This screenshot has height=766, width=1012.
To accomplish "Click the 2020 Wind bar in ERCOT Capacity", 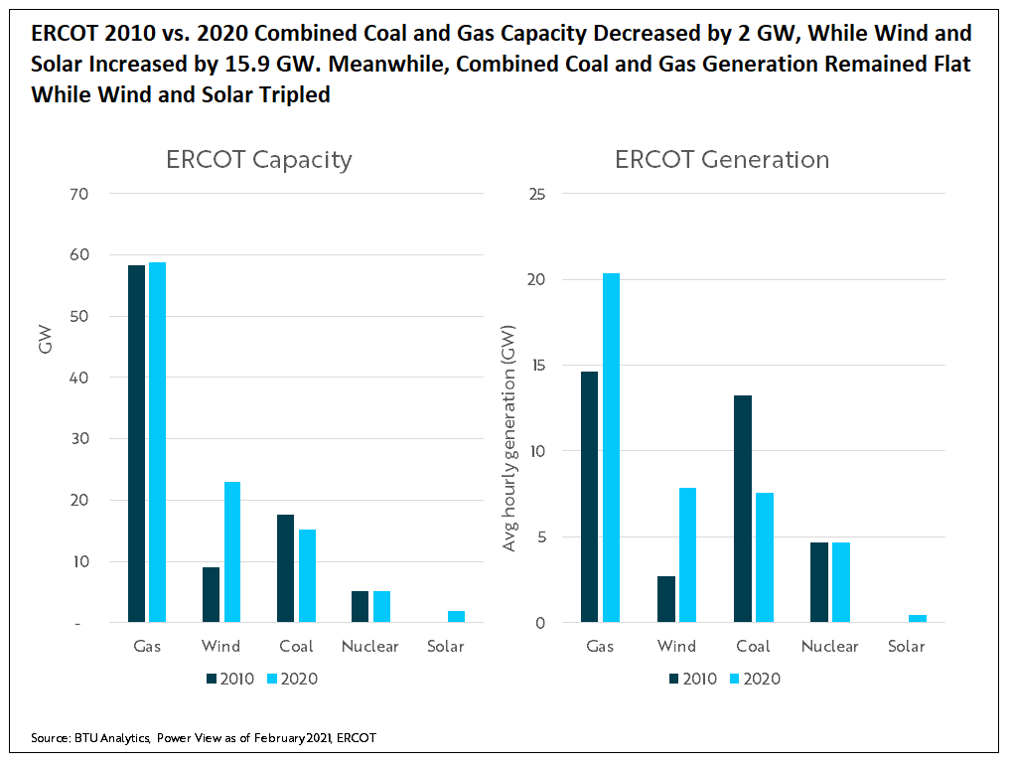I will click(x=232, y=552).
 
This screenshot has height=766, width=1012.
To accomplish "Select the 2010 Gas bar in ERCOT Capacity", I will click(x=136, y=444).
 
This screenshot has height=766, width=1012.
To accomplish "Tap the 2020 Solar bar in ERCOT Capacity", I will click(x=456, y=617).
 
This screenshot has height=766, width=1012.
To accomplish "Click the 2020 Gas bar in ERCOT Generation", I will click(x=611, y=448).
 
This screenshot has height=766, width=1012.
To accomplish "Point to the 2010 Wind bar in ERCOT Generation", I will click(x=666, y=599).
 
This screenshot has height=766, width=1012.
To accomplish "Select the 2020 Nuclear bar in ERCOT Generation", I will click(x=841, y=582).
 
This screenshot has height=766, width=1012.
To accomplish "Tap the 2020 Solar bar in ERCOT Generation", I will click(x=918, y=619).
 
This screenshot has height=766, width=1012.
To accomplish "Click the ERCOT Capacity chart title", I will click(x=258, y=160).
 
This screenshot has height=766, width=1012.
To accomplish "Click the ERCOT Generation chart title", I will click(x=722, y=160).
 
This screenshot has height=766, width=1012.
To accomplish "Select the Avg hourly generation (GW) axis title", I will click(x=509, y=438).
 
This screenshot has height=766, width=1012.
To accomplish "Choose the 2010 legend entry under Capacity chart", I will click(x=230, y=680).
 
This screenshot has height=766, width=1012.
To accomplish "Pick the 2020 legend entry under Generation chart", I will click(x=754, y=680).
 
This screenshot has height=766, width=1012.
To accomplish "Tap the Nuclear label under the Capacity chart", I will click(x=369, y=647).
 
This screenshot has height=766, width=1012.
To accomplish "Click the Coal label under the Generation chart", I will click(x=753, y=647).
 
